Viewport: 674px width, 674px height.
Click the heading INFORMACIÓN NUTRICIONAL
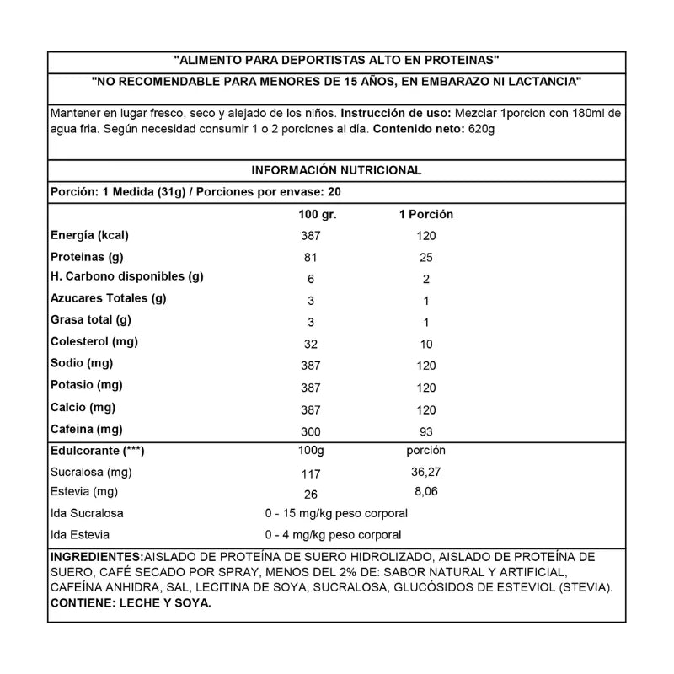pyautogui.click(x=336, y=170)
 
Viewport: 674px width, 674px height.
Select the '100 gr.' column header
pyautogui.click(x=318, y=215)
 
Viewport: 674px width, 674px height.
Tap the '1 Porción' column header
pyautogui.click(x=425, y=215)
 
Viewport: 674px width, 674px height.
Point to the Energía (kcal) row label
pyautogui.click(x=89, y=235)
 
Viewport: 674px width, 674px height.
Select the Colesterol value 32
pyautogui.click(x=311, y=344)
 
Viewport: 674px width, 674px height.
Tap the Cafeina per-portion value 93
pyautogui.click(x=426, y=431)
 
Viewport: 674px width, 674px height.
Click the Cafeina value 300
pyautogui.click(x=311, y=431)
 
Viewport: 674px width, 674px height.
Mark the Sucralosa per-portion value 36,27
pyautogui.click(x=425, y=473)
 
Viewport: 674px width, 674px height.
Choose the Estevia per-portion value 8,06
pyautogui.click(x=425, y=491)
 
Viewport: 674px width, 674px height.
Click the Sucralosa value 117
pyautogui.click(x=311, y=473)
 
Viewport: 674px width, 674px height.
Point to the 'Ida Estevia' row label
pyautogui.click(x=80, y=534)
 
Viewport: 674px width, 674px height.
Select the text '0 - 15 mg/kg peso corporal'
pyautogui.click(x=335, y=513)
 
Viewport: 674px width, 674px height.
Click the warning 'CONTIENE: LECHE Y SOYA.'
pyautogui.click(x=131, y=603)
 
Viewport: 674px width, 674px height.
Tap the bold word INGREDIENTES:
pyautogui.click(x=97, y=558)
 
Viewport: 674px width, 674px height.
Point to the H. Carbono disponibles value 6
pyautogui.click(x=311, y=279)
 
